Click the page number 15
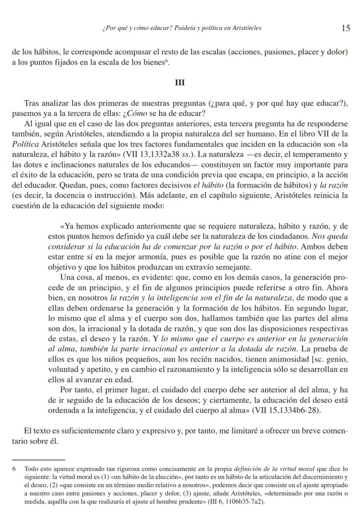pyautogui.click(x=346, y=28)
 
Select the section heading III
pyautogui.click(x=180, y=83)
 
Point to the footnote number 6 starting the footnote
pyautogui.click(x=14, y=469)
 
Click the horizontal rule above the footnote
pyautogui.click(x=38, y=459)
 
